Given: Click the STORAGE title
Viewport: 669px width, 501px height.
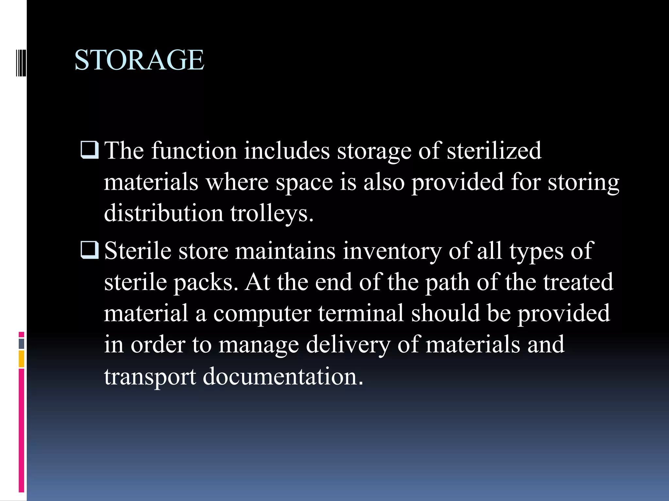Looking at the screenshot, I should [139, 60].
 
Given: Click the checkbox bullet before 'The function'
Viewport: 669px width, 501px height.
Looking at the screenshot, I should [89, 150].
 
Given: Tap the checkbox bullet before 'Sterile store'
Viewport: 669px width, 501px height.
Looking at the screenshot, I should [89, 250].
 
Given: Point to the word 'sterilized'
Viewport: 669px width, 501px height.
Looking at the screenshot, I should [494, 151].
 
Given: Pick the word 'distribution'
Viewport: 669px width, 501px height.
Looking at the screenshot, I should [163, 213].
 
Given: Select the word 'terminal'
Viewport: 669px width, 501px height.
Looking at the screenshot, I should [361, 313].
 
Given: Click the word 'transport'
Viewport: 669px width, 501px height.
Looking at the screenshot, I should [150, 377].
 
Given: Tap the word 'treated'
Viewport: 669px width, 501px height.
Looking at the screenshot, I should [578, 282].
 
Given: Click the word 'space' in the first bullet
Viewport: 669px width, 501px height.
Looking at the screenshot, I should [304, 183].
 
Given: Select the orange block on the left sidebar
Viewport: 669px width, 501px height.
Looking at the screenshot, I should [21, 359].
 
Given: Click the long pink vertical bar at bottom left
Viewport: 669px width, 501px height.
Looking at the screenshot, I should [21, 430].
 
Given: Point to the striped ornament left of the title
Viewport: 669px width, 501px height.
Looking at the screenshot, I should [21, 60].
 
